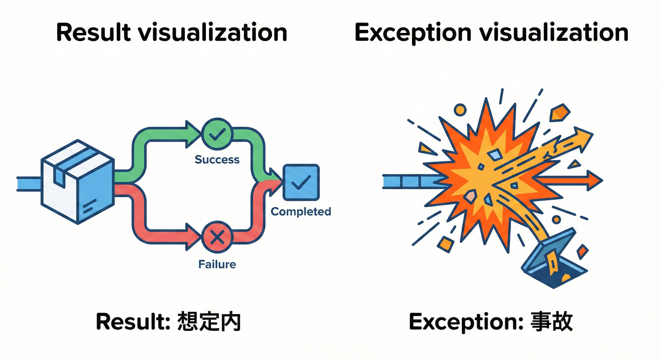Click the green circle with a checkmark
[x=217, y=135]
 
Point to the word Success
[x=217, y=160]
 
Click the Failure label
[x=217, y=264]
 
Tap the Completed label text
[x=301, y=212]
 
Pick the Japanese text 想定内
[x=209, y=322]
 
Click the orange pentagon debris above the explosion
[x=559, y=112]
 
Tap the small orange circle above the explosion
[x=460, y=110]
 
